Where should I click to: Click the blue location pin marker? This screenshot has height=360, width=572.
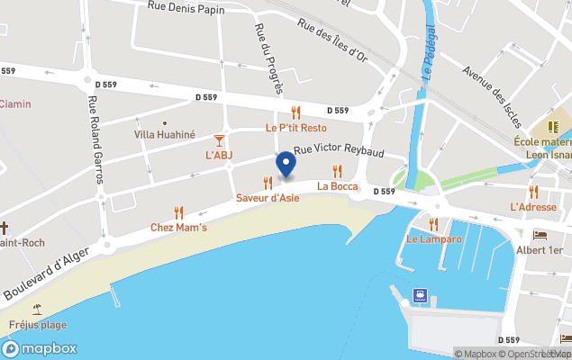coord(286,165)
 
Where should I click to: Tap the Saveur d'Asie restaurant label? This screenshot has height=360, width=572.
coord(268,198)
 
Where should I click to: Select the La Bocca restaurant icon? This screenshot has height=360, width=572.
coord(338,171)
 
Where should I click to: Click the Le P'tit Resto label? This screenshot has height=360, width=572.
coord(295,128)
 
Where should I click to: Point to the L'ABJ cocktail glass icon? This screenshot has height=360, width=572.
coord(219,140)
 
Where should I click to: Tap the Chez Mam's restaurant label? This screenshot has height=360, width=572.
coord(178,228)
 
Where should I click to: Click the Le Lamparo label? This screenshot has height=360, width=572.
coord(433,239)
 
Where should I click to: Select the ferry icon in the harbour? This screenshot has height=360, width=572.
coord(420,295)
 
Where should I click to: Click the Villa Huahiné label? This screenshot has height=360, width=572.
coord(164,134)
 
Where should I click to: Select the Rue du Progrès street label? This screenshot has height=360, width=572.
coord(263,58)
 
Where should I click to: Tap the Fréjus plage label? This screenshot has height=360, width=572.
coord(38,325)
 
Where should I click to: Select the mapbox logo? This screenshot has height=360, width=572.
coord(40,348)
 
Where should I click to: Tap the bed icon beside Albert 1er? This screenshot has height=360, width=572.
coord(540,234)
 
